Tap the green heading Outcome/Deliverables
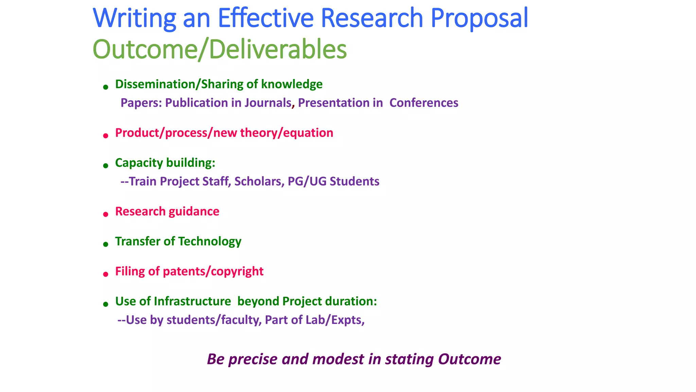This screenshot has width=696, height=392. tap(220, 49)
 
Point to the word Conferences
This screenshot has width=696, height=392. tap(424, 103)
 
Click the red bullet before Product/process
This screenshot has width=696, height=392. tap(106, 136)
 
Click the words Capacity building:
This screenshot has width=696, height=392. tap(165, 163)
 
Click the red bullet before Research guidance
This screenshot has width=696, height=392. tap(106, 214)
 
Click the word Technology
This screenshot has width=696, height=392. tap(210, 241)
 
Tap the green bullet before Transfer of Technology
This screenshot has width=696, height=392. tap(106, 244)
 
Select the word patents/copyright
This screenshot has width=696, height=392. tap(213, 271)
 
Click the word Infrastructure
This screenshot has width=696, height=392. tap(192, 301)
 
